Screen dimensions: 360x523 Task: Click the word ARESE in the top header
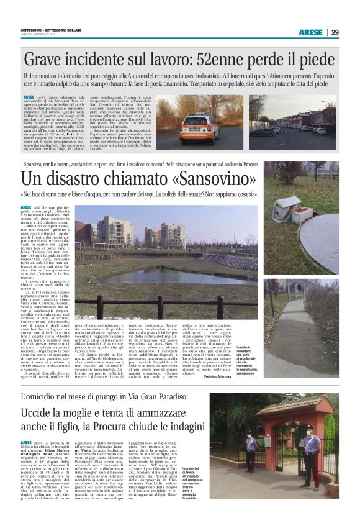click(x=310, y=32)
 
